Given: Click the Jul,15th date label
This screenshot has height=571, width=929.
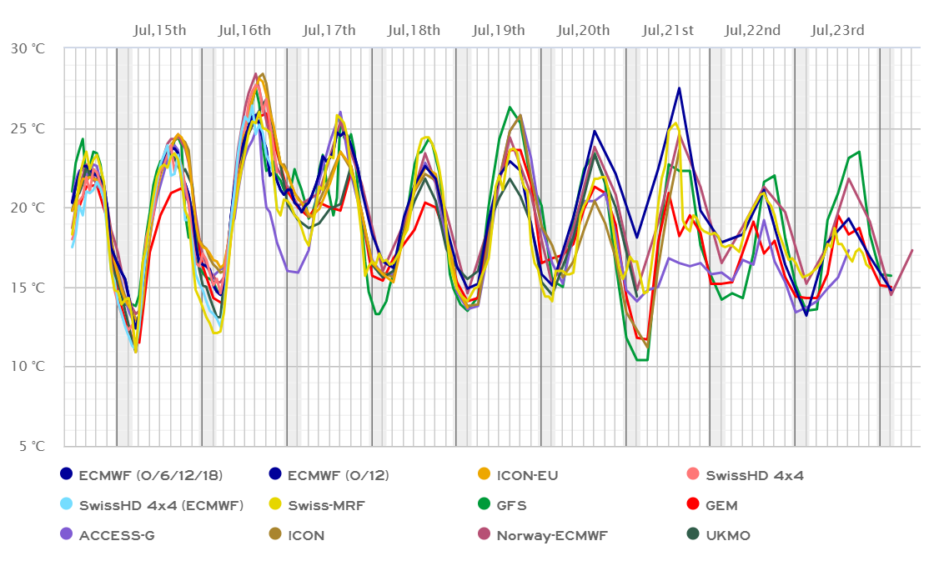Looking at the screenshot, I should [x=160, y=31].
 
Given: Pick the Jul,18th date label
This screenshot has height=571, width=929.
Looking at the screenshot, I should [x=414, y=31].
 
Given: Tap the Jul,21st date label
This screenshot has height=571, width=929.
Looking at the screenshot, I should [x=669, y=31].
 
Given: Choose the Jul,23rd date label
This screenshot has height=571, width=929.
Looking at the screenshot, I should [x=838, y=31].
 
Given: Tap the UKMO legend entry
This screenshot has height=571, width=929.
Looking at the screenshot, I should [x=729, y=535].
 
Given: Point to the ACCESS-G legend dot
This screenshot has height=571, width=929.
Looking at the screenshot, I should [x=67, y=535].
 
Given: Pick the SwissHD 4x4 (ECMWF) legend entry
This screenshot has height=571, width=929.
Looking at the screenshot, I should [x=161, y=505].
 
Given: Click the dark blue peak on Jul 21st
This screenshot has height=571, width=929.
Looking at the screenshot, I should [x=680, y=88].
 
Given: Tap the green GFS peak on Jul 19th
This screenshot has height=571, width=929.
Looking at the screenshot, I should [x=510, y=107].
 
